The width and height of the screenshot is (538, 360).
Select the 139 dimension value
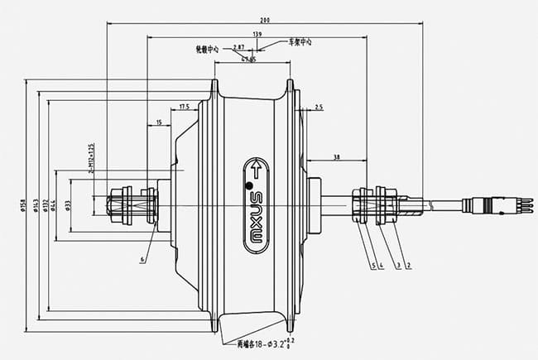click(257, 33)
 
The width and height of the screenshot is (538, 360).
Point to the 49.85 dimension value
click(247, 59)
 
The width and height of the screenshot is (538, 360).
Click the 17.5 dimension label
click(184, 106)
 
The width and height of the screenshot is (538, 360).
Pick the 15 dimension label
click(157, 122)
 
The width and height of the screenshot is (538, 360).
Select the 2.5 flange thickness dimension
click(319, 108)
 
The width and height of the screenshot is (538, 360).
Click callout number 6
click(142, 259)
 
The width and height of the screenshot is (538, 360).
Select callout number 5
click(373, 265)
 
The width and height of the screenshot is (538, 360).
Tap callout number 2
click(409, 265)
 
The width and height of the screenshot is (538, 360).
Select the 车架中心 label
click(300, 41)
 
